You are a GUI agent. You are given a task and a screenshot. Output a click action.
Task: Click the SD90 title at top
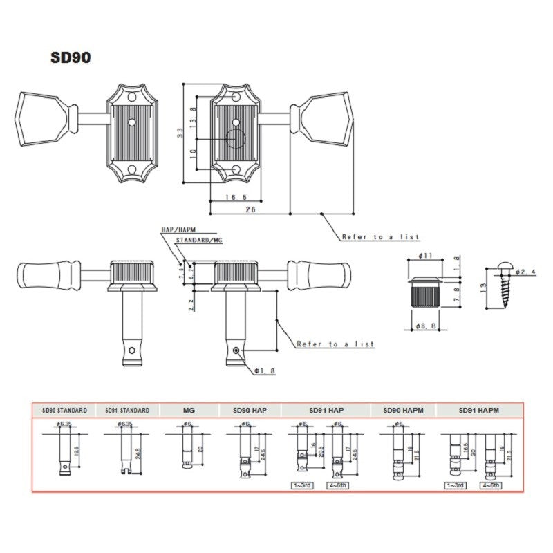(x=70, y=57)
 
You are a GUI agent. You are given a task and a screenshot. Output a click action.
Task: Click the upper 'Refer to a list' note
(x=380, y=237)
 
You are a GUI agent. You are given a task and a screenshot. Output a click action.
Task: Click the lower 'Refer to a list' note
(x=335, y=344)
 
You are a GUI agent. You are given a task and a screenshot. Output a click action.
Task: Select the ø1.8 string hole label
(x=264, y=371)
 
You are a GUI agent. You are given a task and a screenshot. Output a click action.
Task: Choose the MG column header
(x=189, y=410)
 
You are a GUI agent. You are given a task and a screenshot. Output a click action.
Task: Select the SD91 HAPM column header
(x=478, y=410)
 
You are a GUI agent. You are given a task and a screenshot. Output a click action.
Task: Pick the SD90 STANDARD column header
(x=64, y=410)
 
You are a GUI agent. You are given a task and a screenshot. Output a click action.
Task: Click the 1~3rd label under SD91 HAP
(x=303, y=485)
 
